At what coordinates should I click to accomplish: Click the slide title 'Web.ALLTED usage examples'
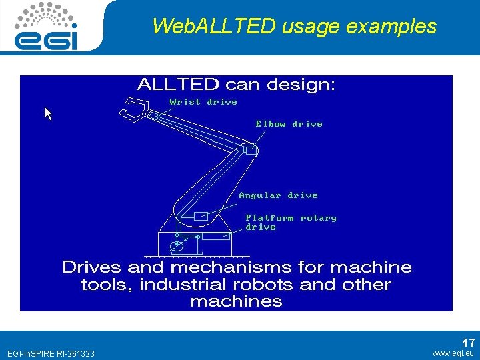pos(294,27)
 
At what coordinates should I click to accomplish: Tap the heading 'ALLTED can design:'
pos(236,85)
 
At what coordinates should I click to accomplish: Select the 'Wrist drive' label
pos(203,102)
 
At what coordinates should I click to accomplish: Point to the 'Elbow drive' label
pos(289,124)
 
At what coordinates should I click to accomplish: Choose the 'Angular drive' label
pos(278,195)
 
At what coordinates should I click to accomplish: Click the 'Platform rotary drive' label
pos(291,222)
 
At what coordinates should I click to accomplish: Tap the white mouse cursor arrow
pos(48,114)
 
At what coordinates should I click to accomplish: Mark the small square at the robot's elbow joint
pos(251,151)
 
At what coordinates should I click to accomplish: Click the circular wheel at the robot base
pos(177,247)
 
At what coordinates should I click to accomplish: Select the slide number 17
pos(468,343)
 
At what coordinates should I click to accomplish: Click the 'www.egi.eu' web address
pos(453,353)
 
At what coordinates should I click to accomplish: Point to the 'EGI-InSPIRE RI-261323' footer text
pos(51,353)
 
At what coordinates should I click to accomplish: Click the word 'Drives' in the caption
pos(92,267)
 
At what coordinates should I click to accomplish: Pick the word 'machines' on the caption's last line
pos(236,301)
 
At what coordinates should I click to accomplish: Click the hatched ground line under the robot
pos(197,255)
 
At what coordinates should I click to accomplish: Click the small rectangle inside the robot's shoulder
pos(200,217)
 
